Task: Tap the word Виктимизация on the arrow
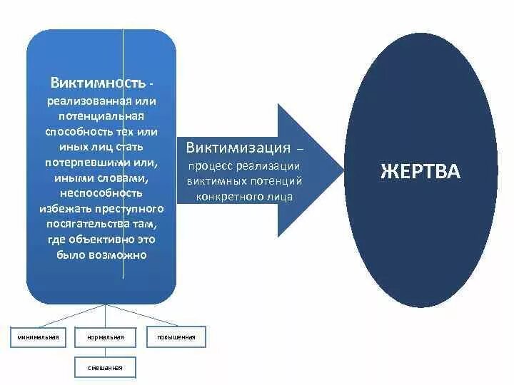pyautogui.click(x=238, y=148)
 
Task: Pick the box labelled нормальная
pyautogui.click(x=106, y=337)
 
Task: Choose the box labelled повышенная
pyautogui.click(x=176, y=337)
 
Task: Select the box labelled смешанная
pyautogui.click(x=106, y=368)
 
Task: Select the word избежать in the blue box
pyautogui.click(x=62, y=207)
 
